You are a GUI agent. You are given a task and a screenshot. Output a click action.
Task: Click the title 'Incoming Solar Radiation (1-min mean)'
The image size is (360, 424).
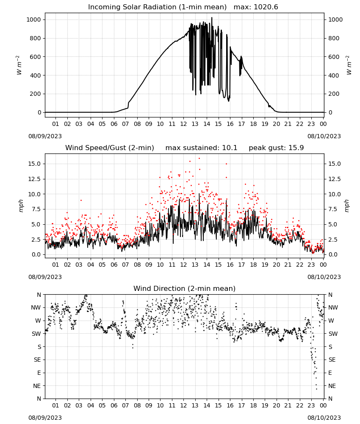[x=158, y=7]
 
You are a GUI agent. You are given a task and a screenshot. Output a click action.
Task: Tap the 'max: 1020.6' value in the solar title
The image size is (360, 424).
[x=256, y=7]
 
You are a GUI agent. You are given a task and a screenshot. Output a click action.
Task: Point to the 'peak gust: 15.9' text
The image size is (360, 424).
[x=276, y=148]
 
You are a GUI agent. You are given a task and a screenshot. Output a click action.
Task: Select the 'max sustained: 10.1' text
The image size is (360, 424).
[x=201, y=148]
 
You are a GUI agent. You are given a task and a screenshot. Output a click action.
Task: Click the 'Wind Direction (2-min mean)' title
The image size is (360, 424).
[x=185, y=288]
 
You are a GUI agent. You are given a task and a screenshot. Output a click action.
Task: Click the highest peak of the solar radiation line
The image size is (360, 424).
[x=212, y=17]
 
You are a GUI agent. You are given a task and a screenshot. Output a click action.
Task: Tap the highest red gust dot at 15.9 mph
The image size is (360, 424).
[x=199, y=159]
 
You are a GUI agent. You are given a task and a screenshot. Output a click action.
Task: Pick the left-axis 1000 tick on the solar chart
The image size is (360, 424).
[x=33, y=20]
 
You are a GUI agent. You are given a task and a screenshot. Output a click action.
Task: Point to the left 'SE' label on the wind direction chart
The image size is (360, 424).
[x=37, y=360]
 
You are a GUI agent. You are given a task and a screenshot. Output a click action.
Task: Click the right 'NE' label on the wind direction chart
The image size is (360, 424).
[x=332, y=386]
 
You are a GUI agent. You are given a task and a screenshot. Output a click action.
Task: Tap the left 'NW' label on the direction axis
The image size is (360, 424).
[x=36, y=307]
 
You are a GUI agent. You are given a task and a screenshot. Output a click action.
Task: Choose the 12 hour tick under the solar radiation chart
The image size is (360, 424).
[x=184, y=124]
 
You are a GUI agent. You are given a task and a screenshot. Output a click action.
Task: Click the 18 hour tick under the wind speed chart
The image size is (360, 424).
[x=253, y=265]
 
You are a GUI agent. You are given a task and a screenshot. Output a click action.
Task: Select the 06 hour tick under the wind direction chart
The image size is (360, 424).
[x=114, y=405]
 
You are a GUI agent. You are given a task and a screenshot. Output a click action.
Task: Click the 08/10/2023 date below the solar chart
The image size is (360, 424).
[x=324, y=136]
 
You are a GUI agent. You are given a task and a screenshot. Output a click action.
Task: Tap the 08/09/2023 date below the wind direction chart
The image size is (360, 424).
[x=45, y=418]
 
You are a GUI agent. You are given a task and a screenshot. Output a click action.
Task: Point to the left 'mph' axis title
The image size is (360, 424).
[x=21, y=206]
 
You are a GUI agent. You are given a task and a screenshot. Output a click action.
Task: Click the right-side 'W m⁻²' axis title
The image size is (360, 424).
[x=349, y=65]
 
